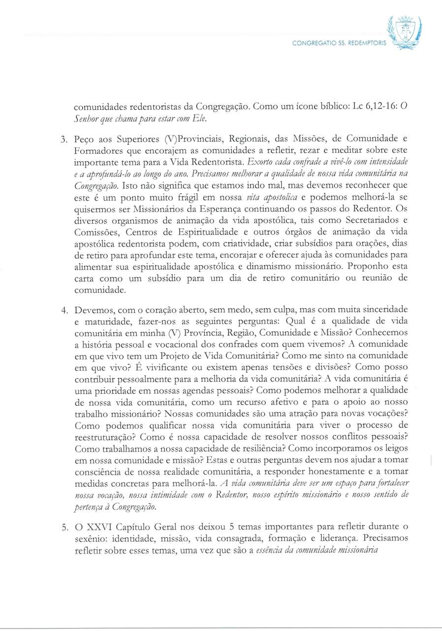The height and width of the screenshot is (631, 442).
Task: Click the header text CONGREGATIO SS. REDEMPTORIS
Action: pos(340,43)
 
